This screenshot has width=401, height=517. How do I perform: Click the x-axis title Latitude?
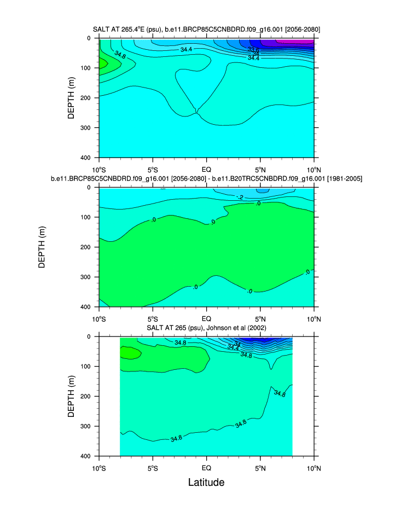point(206,482)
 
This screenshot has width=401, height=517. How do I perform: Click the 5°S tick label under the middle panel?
point(153,318)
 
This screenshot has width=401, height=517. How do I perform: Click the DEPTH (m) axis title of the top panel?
point(71,98)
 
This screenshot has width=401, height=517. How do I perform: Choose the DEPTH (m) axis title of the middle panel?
point(42,247)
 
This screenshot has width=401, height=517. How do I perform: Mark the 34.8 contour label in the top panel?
point(120,55)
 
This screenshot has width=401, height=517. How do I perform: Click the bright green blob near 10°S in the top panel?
point(102,63)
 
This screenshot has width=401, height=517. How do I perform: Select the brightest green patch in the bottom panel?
point(130,353)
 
